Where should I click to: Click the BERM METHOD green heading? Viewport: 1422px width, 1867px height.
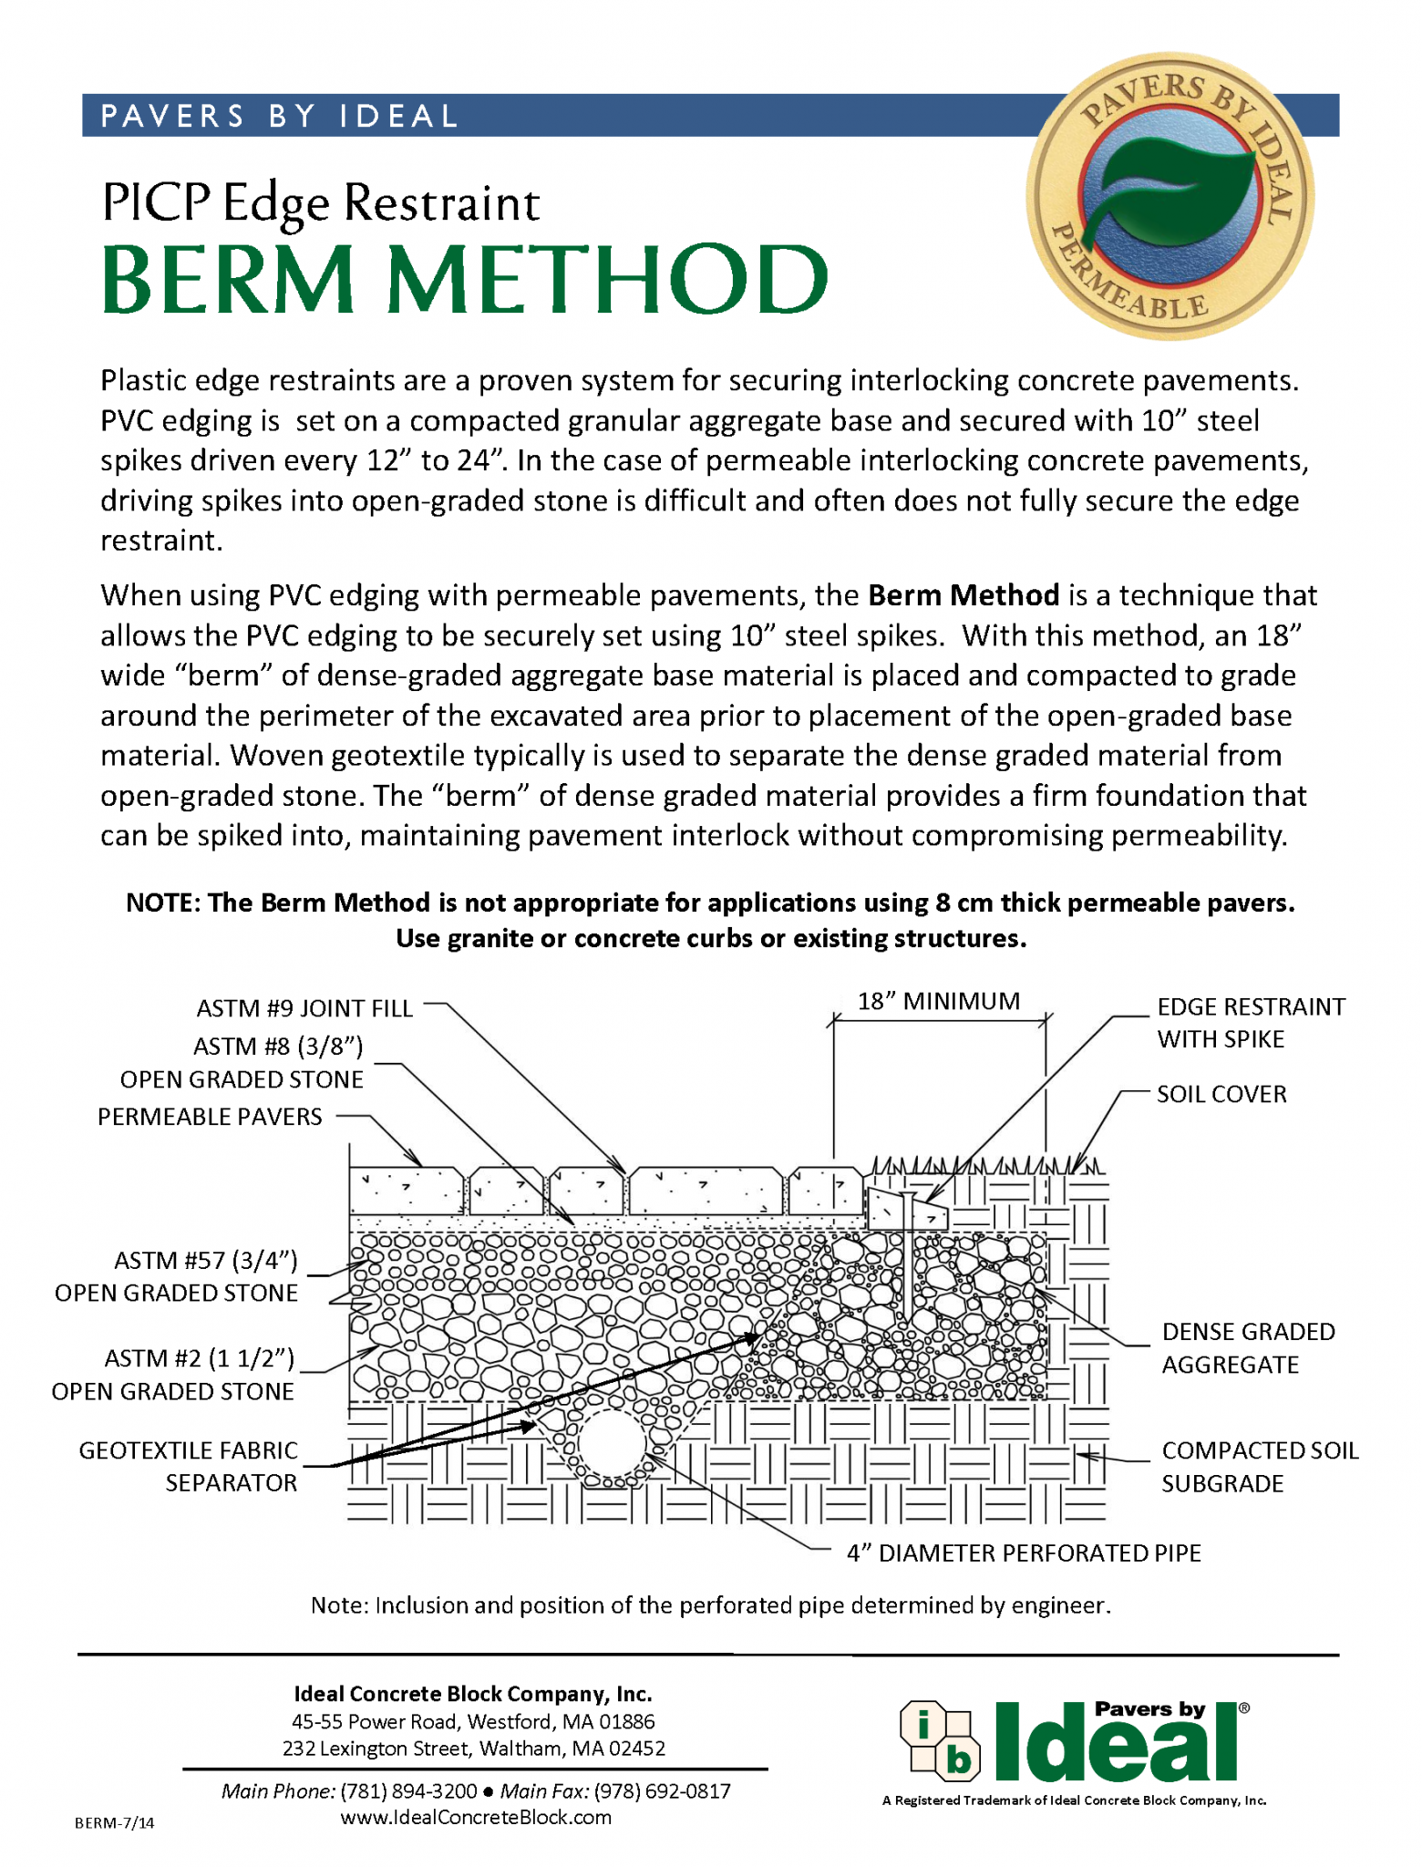(x=465, y=278)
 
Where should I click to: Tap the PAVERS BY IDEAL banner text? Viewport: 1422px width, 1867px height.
(x=279, y=116)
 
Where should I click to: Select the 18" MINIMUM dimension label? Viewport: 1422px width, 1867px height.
(x=938, y=1001)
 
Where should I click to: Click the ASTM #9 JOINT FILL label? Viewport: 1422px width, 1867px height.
(x=304, y=1008)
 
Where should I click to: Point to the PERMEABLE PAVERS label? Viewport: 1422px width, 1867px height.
(x=210, y=1117)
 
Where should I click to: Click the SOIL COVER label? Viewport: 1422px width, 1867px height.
(x=1221, y=1094)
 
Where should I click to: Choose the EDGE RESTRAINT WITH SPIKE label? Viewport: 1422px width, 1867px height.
(x=1250, y=1023)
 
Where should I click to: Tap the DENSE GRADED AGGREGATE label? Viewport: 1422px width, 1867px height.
(x=1247, y=1348)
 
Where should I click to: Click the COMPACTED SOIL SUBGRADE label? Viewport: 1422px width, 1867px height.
(x=1259, y=1466)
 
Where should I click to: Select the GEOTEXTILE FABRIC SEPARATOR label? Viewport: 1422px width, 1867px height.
(x=189, y=1466)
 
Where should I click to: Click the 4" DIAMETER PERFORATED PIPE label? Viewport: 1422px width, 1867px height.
(x=1023, y=1552)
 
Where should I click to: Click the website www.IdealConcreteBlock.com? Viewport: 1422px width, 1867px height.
(x=475, y=1817)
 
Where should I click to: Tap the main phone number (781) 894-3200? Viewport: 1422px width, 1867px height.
(x=408, y=1791)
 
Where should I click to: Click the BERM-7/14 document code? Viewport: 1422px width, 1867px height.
(x=114, y=1822)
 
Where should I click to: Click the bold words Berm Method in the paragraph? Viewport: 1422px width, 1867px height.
(x=963, y=595)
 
